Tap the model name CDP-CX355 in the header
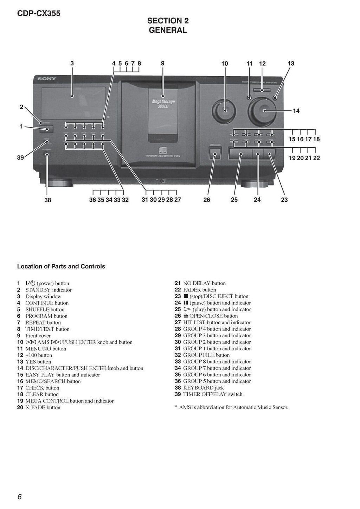pos(39,13)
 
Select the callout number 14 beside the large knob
pos(296,111)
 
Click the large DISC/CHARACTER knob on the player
pos(263,111)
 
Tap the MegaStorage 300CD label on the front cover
pos(163,104)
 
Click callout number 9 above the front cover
pos(163,64)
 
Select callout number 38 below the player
pos(48,200)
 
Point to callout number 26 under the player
pos(207,200)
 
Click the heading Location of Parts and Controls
pos(61,266)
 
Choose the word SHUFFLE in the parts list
pos(37,309)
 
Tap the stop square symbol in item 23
pos(186,296)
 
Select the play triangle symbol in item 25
pos(187,309)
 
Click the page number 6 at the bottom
pos(19,497)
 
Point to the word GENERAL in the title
pos(168,30)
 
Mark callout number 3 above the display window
pos(72,64)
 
